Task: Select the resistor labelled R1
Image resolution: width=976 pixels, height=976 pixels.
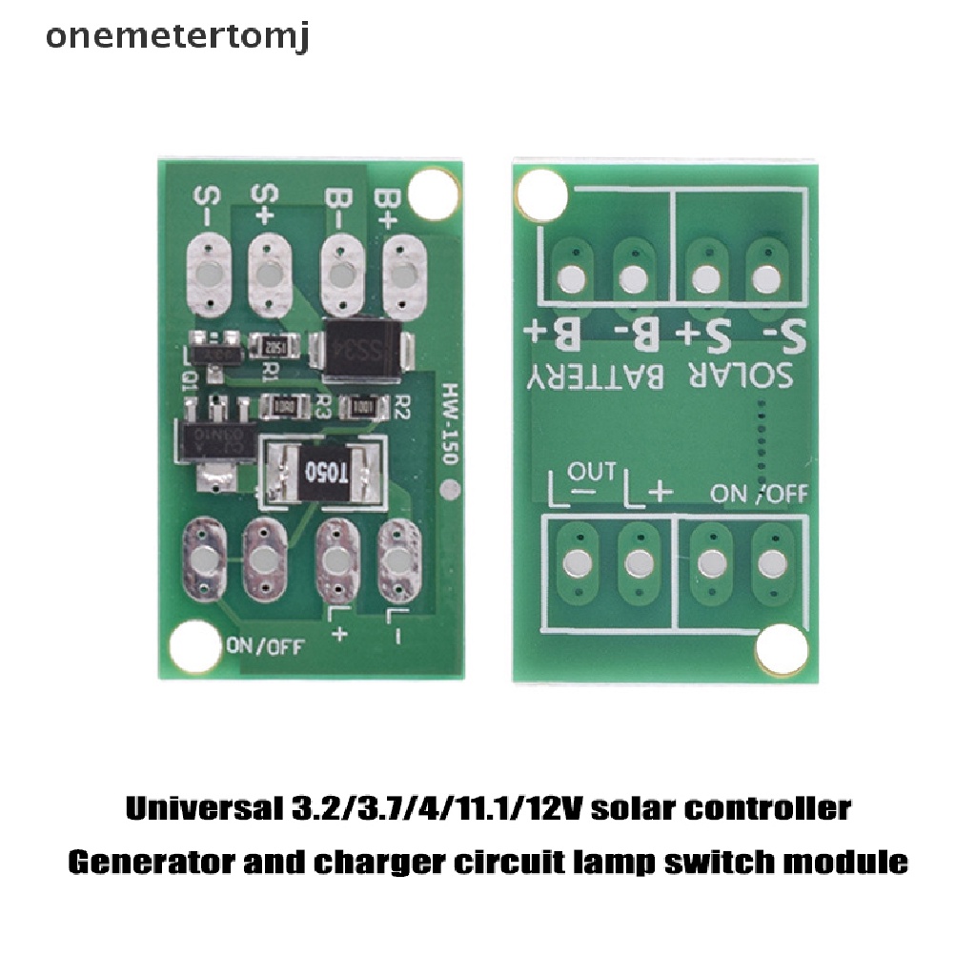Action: (275, 347)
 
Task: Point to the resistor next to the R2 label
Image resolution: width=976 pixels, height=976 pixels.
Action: (361, 407)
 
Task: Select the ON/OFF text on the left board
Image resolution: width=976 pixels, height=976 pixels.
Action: (264, 645)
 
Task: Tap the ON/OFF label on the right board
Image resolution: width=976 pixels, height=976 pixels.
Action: (760, 493)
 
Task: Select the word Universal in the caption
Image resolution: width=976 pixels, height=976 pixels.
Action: (200, 809)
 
